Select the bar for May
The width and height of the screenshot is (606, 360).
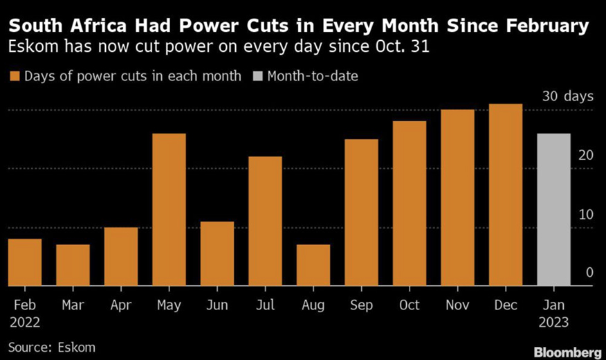tap(169, 209)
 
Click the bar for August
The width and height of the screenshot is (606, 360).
tap(313, 264)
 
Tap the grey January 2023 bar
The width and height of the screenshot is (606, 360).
tap(553, 209)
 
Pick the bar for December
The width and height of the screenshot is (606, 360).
tap(506, 195)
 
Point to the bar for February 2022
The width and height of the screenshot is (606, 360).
tap(25, 262)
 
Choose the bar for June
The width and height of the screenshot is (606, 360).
tap(217, 253)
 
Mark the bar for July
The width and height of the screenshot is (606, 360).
tap(265, 221)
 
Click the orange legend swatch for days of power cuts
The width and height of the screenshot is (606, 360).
tap(14, 76)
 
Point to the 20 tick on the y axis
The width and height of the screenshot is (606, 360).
tap(586, 155)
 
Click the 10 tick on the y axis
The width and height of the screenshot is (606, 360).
tap(586, 214)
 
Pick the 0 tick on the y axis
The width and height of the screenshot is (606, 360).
tap(589, 273)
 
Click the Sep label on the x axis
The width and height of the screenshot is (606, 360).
tap(361, 305)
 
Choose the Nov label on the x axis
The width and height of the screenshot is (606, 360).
tap(457, 305)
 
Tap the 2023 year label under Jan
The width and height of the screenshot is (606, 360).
tap(553, 322)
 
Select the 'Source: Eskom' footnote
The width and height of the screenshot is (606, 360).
tap(52, 346)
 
